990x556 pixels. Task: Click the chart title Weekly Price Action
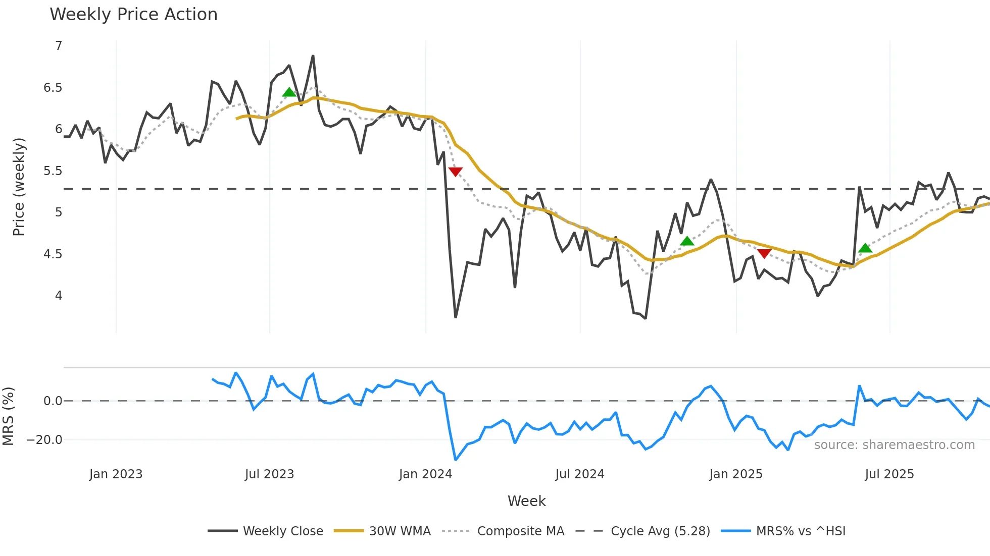(133, 15)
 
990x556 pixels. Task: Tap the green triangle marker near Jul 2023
(289, 92)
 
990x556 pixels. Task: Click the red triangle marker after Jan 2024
(455, 172)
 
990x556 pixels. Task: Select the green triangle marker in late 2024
(687, 241)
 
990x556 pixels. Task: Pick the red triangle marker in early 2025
(764, 253)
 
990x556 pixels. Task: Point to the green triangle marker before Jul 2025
(865, 248)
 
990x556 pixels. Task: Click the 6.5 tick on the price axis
(53, 88)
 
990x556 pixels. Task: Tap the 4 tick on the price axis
(59, 296)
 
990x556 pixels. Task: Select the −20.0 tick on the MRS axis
(44, 440)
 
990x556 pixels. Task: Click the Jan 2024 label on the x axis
(425, 474)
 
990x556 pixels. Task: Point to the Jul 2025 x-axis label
(889, 474)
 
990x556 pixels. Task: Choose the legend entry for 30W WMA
(400, 531)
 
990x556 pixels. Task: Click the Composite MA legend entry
(520, 531)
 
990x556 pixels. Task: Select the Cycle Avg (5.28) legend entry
(660, 531)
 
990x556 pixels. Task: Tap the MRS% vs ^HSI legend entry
(801, 531)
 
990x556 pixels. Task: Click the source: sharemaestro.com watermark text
(894, 445)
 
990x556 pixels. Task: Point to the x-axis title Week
(526, 501)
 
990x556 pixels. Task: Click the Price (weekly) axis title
(19, 187)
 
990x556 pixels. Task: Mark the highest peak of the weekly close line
(313, 56)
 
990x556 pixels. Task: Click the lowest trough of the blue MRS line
(456, 460)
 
